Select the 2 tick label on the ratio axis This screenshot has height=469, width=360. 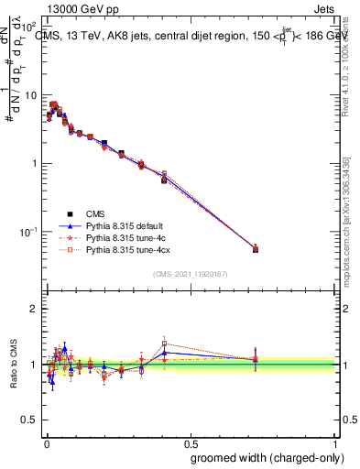pyautogui.click(x=35, y=309)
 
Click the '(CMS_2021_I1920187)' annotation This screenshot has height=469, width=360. pyautogui.click(x=190, y=273)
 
